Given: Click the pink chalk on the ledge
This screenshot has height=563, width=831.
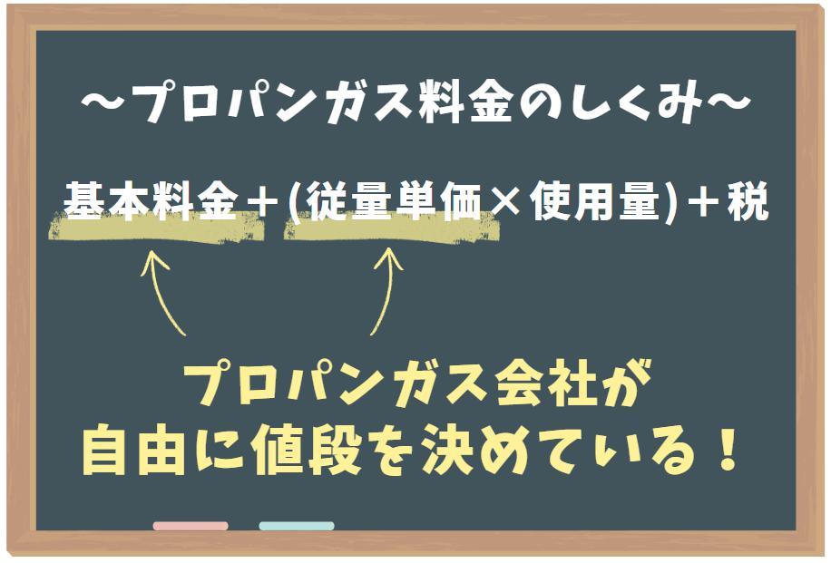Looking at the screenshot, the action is pos(191,526).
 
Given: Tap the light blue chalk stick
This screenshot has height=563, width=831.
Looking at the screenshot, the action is pos(297,526).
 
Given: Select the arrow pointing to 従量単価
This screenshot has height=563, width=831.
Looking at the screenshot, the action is pos(386,291).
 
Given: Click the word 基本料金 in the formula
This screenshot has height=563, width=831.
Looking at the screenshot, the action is pos(151,200).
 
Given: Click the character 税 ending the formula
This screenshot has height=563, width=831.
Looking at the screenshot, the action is pos(748,200).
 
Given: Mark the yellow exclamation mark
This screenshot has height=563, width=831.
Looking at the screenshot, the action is pos(726,448).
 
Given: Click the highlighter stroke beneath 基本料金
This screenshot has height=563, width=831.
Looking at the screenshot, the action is pos(157,227).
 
